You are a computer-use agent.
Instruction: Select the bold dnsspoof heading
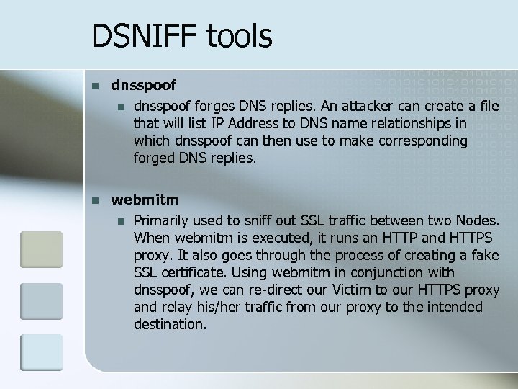(143, 86)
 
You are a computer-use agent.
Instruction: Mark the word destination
(170, 325)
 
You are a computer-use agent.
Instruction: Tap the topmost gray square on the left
(42, 249)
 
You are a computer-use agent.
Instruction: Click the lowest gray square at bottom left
(42, 352)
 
